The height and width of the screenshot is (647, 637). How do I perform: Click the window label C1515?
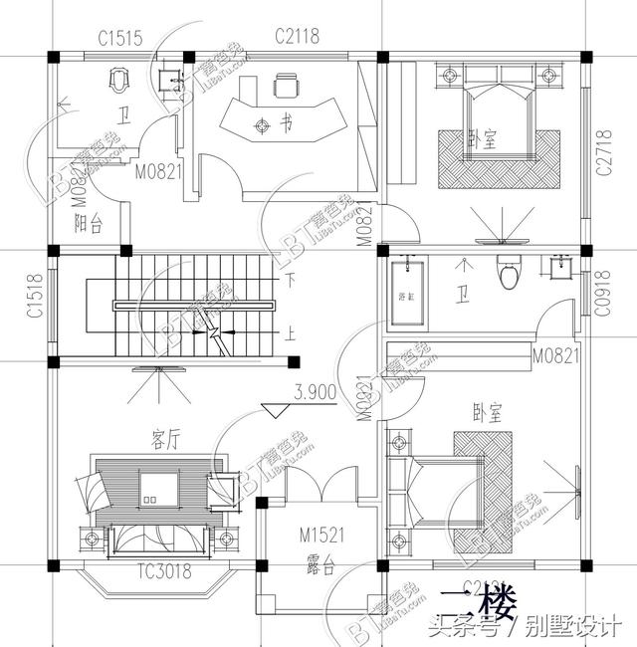coord(120,38)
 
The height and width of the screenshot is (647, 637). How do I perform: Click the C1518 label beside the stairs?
coord(34,296)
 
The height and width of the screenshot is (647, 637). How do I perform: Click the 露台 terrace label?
coord(320,568)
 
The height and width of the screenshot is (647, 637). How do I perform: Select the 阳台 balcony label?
coord(90,225)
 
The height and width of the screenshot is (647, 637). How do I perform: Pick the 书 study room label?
coord(287,125)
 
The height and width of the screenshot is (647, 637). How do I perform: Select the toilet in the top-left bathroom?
coord(119,77)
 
